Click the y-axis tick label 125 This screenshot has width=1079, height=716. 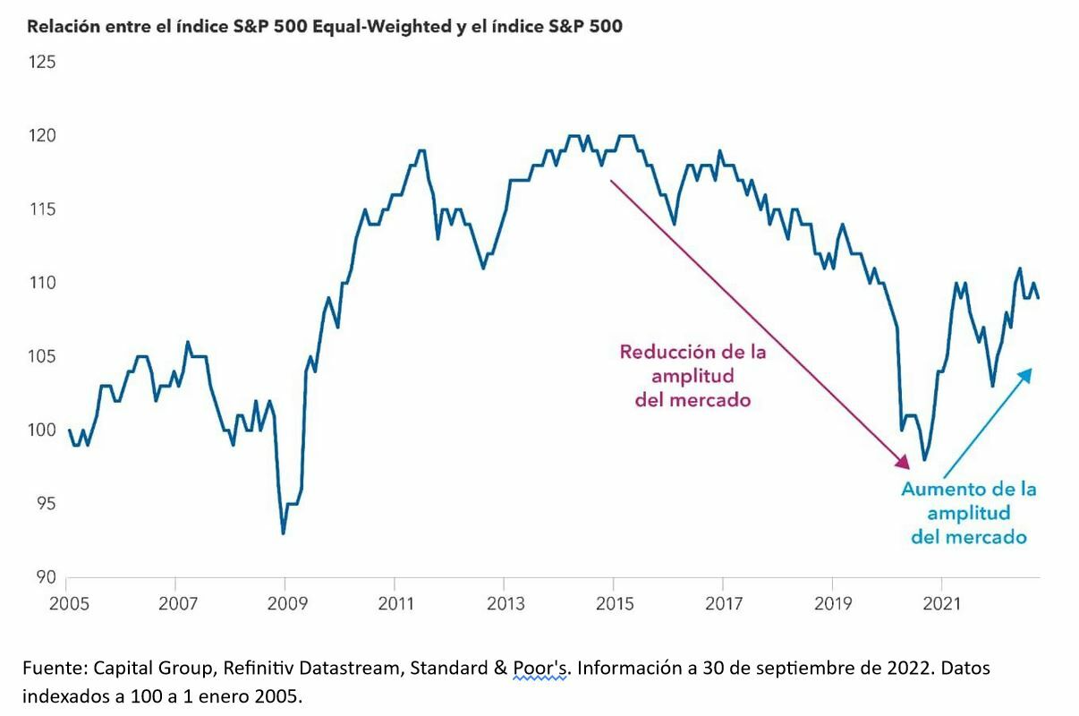41,63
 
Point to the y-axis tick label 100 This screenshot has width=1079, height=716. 41,430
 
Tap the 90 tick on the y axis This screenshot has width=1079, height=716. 45,577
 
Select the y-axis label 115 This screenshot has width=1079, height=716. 41,209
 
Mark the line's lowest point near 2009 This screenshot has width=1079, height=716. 284,533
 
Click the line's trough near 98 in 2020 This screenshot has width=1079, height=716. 924,459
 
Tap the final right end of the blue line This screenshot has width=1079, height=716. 1039,298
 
